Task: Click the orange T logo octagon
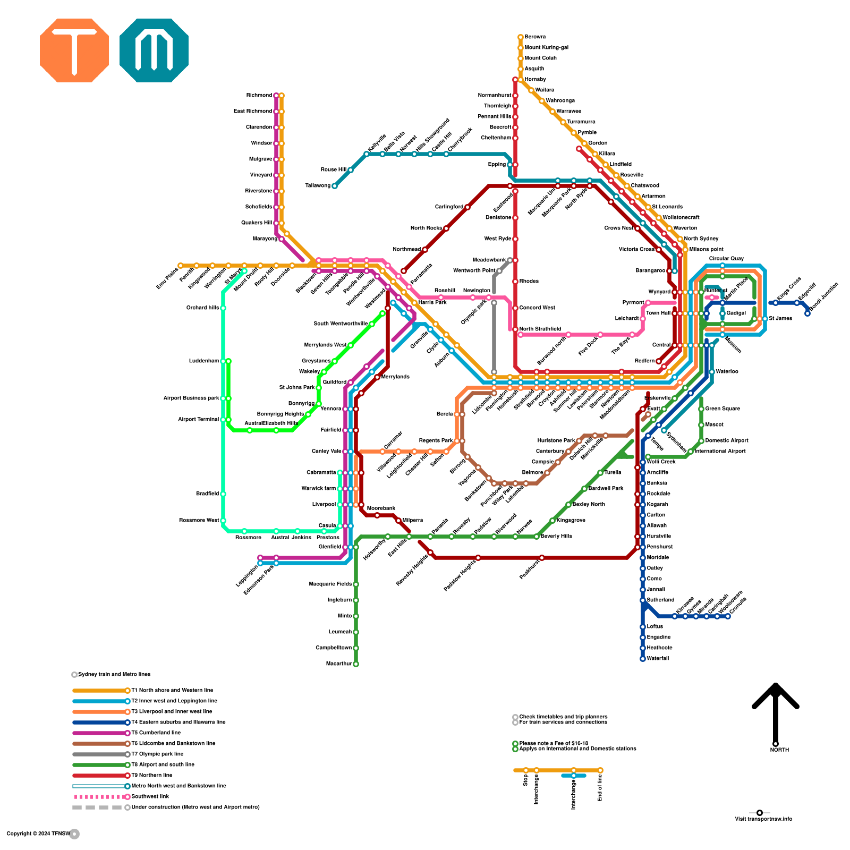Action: coord(74,50)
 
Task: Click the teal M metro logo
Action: coord(154,50)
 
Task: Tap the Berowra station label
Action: coord(535,37)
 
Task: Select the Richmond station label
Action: coord(259,96)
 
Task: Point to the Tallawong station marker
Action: coord(334,186)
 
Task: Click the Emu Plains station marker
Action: coord(181,266)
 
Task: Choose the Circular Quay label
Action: coord(726,259)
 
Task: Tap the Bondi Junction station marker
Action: coord(807,313)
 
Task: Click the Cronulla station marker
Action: coord(728,616)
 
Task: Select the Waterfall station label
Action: coord(658,659)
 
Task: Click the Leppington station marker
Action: coord(260,558)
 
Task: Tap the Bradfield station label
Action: coord(207,494)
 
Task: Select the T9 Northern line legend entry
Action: coord(152,776)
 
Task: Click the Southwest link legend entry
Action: coord(150,797)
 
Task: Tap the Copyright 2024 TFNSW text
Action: coord(38,834)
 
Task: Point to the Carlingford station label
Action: coord(449,207)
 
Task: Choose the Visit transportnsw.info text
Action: coord(763,819)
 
